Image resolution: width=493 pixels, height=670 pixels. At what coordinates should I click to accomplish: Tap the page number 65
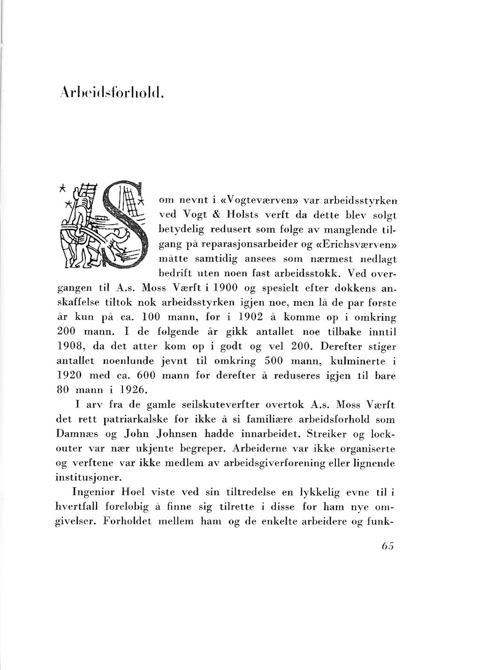coord(387,546)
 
